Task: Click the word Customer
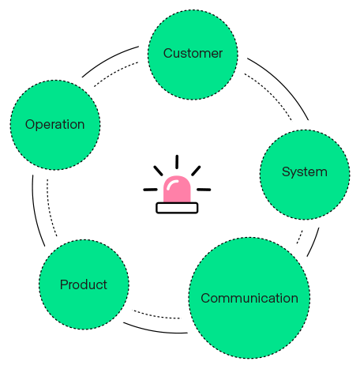[193, 53]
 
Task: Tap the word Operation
[55, 125]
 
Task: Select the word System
[305, 172]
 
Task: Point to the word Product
[84, 284]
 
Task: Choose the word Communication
[249, 298]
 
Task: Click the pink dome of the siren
[177, 189]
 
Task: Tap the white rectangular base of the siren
[177, 208]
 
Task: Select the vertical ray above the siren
[177, 162]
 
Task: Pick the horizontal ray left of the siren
[151, 190]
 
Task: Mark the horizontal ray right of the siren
[204, 190]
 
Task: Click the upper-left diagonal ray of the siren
[159, 171]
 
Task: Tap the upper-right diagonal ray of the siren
[196, 171]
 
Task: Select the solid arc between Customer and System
[283, 84]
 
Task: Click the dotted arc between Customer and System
[271, 92]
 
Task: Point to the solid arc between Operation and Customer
[108, 59]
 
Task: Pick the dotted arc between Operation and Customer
[114, 73]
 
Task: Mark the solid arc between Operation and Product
[36, 212]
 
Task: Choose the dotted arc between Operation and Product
[49, 209]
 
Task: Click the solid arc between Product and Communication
[156, 330]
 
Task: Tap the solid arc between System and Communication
[313, 243]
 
